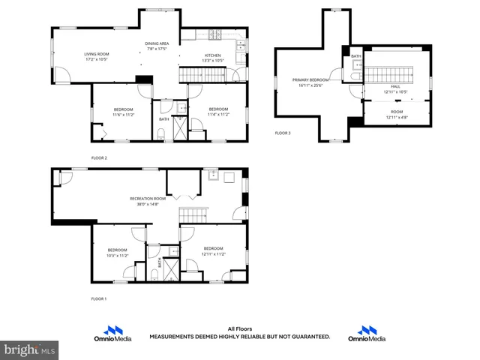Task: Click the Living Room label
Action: click(x=96, y=54)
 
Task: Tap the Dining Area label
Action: click(x=157, y=43)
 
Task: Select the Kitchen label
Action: click(x=213, y=55)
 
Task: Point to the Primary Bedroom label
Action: click(x=310, y=79)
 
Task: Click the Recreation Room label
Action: click(x=146, y=198)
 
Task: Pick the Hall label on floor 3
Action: click(x=396, y=87)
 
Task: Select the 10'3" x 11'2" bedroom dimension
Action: click(x=118, y=256)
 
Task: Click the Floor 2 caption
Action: click(x=100, y=157)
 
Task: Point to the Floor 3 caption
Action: click(x=283, y=133)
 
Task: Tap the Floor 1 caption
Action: click(x=100, y=298)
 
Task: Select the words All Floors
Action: click(x=239, y=328)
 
